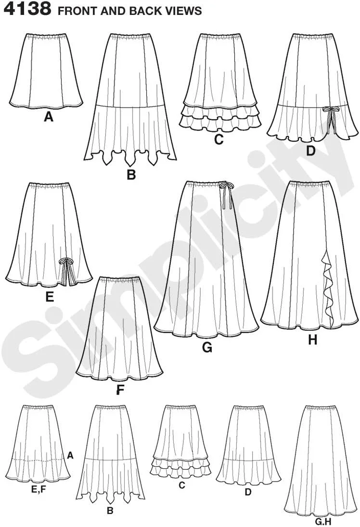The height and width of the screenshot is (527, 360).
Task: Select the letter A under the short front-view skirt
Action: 49,117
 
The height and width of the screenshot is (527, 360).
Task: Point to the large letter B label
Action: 131,175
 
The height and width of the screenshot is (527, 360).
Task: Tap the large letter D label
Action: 310,151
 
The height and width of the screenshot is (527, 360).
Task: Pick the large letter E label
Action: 50,297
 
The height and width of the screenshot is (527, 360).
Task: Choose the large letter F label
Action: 120,390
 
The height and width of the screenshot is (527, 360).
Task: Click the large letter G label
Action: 207,347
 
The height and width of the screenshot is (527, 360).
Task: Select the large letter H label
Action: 313,341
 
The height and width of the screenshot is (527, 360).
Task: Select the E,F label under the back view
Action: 38,490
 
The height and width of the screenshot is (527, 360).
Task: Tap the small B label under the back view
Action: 110,511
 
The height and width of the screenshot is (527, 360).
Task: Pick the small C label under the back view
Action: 181,485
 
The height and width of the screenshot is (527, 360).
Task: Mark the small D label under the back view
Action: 248,492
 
